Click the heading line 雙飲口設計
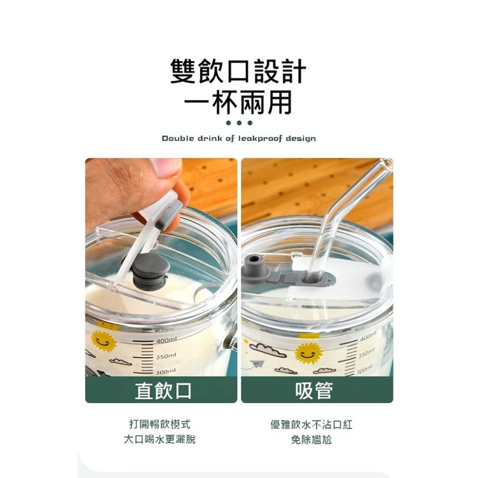coord(238,72)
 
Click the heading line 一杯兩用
coord(238,102)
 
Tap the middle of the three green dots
coord(239,122)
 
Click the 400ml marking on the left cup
coord(168,340)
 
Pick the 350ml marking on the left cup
coord(168,356)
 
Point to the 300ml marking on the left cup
coord(168,371)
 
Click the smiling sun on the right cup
coord(308,351)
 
